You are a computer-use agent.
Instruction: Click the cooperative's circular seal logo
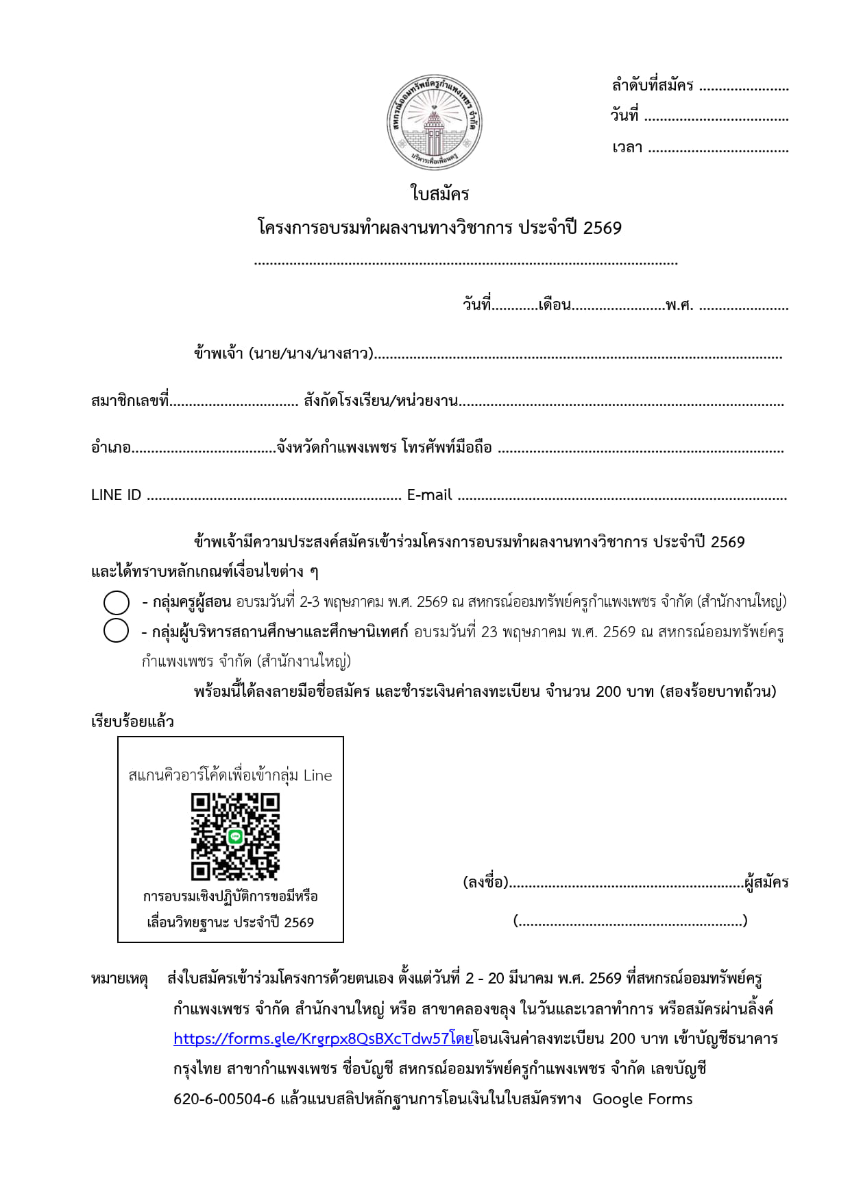(434, 123)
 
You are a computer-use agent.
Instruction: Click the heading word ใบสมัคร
(439, 194)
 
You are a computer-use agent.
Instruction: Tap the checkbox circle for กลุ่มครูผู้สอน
(117, 602)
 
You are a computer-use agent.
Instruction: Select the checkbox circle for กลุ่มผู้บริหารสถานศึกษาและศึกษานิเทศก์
(117, 630)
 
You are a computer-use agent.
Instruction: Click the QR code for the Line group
(235, 836)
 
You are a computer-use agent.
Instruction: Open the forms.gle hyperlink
(323, 1038)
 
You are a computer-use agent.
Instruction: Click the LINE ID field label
(116, 495)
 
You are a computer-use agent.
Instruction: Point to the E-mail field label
(429, 495)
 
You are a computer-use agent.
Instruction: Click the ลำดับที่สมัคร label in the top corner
(652, 86)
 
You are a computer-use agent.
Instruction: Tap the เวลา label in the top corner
(627, 147)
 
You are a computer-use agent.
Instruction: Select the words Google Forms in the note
(642, 1099)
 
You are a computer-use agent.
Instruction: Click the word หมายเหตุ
(119, 979)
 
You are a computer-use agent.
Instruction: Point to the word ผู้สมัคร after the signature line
(766, 883)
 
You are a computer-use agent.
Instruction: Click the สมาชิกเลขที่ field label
(130, 401)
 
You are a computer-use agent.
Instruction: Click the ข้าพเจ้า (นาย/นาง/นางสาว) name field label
(283, 354)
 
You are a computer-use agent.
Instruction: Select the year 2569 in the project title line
(603, 228)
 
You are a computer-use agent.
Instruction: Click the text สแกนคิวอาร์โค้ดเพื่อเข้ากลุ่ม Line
(230, 775)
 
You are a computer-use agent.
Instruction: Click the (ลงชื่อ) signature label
(485, 883)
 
